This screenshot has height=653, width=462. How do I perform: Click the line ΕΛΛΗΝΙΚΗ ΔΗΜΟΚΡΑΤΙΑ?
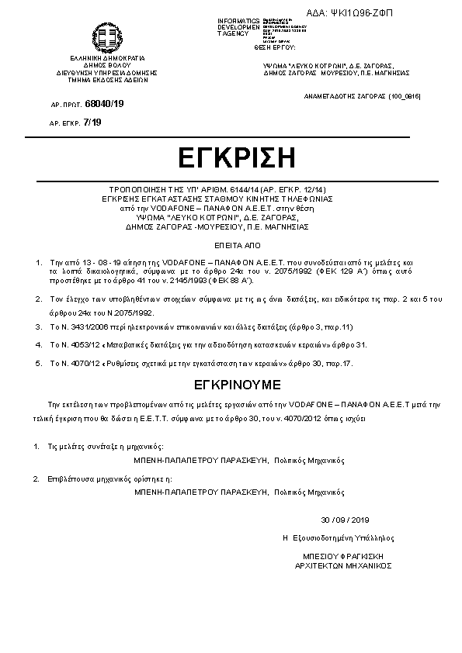point(107,58)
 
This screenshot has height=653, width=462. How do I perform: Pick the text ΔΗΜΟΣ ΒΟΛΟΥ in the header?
point(107,65)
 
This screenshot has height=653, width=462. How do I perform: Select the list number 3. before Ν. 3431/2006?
point(37,328)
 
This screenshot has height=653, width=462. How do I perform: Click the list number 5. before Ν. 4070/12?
point(37,362)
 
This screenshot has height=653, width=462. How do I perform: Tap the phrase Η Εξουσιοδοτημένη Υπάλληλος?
point(339,537)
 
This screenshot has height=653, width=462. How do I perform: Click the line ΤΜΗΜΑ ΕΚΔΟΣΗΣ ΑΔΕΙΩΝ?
point(107,79)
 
